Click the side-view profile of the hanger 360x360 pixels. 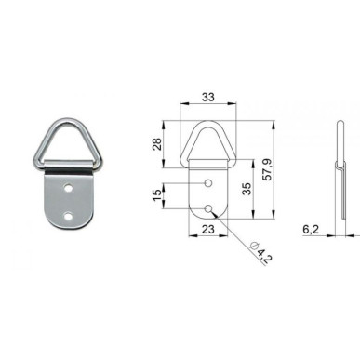pyautogui.click(x=337, y=177)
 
